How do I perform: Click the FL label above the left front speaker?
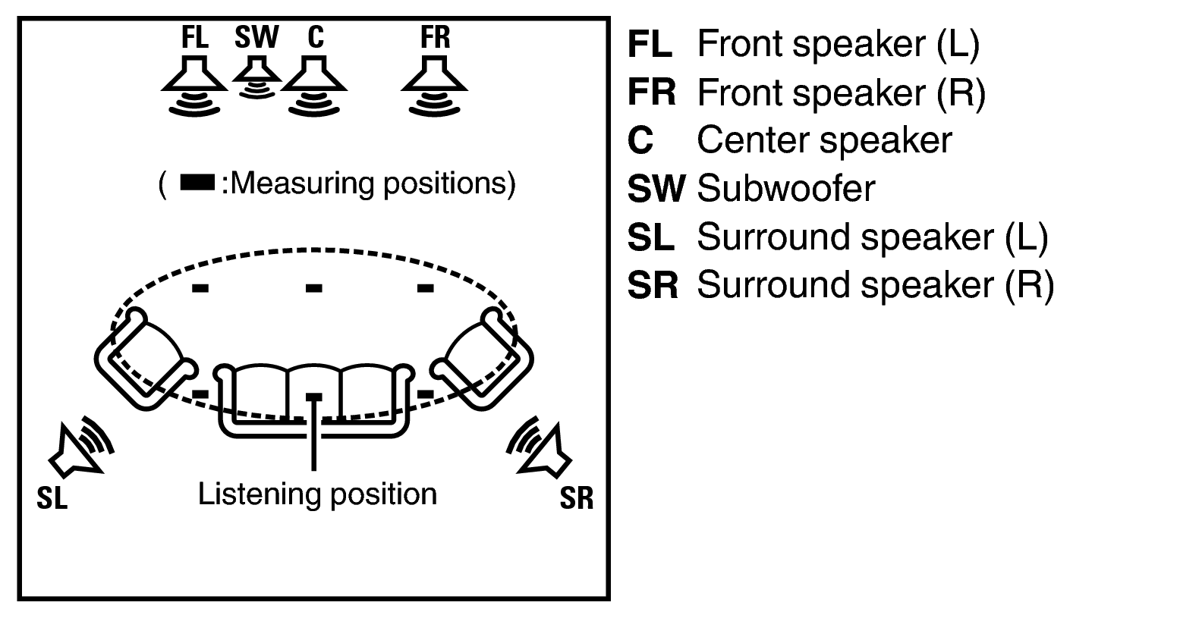[194, 38]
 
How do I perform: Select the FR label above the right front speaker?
[436, 38]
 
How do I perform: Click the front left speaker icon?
[194, 87]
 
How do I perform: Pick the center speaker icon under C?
[313, 87]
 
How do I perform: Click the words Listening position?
[317, 494]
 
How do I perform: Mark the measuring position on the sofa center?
[313, 397]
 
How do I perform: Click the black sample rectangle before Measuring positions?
[196, 184]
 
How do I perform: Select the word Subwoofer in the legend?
[785, 189]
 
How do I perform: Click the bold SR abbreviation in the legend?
[651, 286]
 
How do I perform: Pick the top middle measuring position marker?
[313, 287]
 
